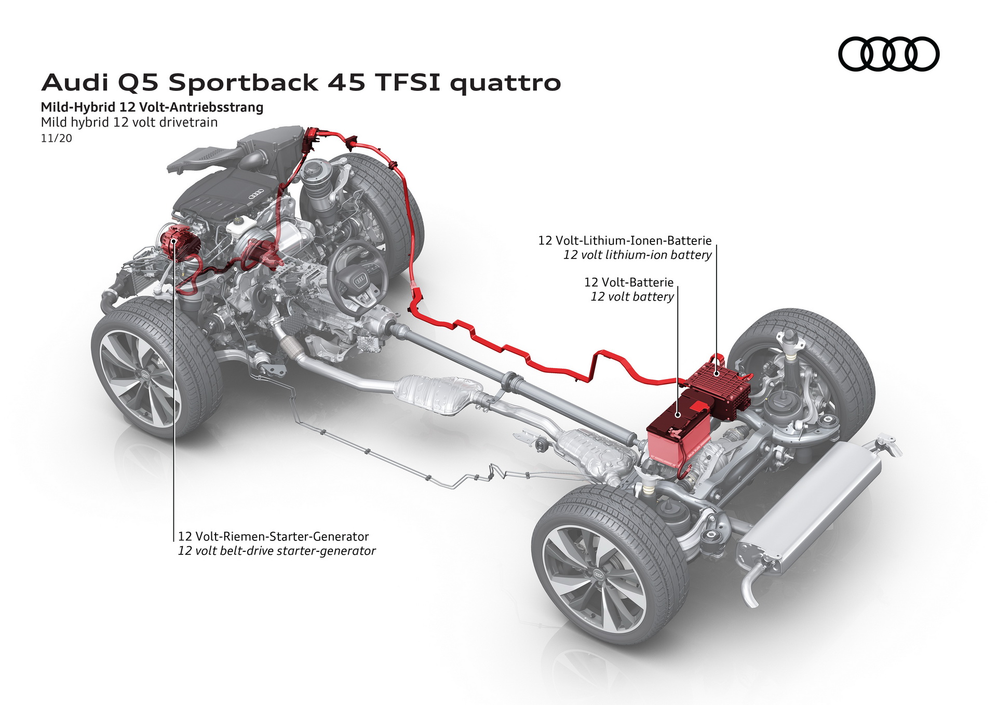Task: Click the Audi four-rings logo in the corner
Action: [x=888, y=54]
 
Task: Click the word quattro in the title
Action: [x=505, y=83]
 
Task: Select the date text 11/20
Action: [x=56, y=139]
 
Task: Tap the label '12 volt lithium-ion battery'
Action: [x=637, y=255]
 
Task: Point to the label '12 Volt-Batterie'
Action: [x=628, y=282]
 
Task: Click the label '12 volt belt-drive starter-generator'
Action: [x=276, y=551]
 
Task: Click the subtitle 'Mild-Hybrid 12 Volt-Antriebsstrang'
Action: [x=152, y=107]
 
